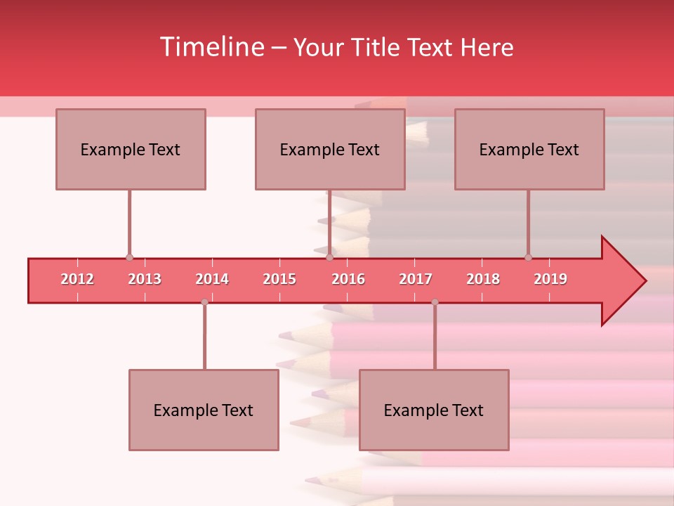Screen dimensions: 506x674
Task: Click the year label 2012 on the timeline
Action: [x=77, y=279]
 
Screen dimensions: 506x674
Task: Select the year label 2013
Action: [x=145, y=279]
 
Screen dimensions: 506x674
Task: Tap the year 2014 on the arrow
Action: [x=212, y=279]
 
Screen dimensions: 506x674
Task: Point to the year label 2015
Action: [x=279, y=279]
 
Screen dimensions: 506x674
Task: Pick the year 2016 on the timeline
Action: [x=348, y=279]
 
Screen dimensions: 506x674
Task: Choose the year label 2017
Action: [x=416, y=279]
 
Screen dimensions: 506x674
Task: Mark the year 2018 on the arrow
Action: [x=483, y=279]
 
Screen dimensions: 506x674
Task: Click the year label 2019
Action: [x=550, y=279]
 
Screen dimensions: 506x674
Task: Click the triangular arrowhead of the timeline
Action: [x=622, y=281]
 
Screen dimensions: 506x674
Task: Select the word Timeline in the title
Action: [x=211, y=47]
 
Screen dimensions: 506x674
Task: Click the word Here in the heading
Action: [x=487, y=48]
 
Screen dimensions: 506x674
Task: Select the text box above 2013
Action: [x=131, y=149]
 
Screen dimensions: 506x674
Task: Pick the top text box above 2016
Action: [x=330, y=149]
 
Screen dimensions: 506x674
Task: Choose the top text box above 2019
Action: [x=529, y=149]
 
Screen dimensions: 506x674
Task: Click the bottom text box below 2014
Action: [x=204, y=410]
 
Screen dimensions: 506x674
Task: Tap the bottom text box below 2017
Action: [x=434, y=410]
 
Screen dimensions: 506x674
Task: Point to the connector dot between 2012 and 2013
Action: [x=129, y=258]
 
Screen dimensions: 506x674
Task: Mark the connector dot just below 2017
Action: [x=435, y=302]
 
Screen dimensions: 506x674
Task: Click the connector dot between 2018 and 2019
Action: [x=528, y=258]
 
